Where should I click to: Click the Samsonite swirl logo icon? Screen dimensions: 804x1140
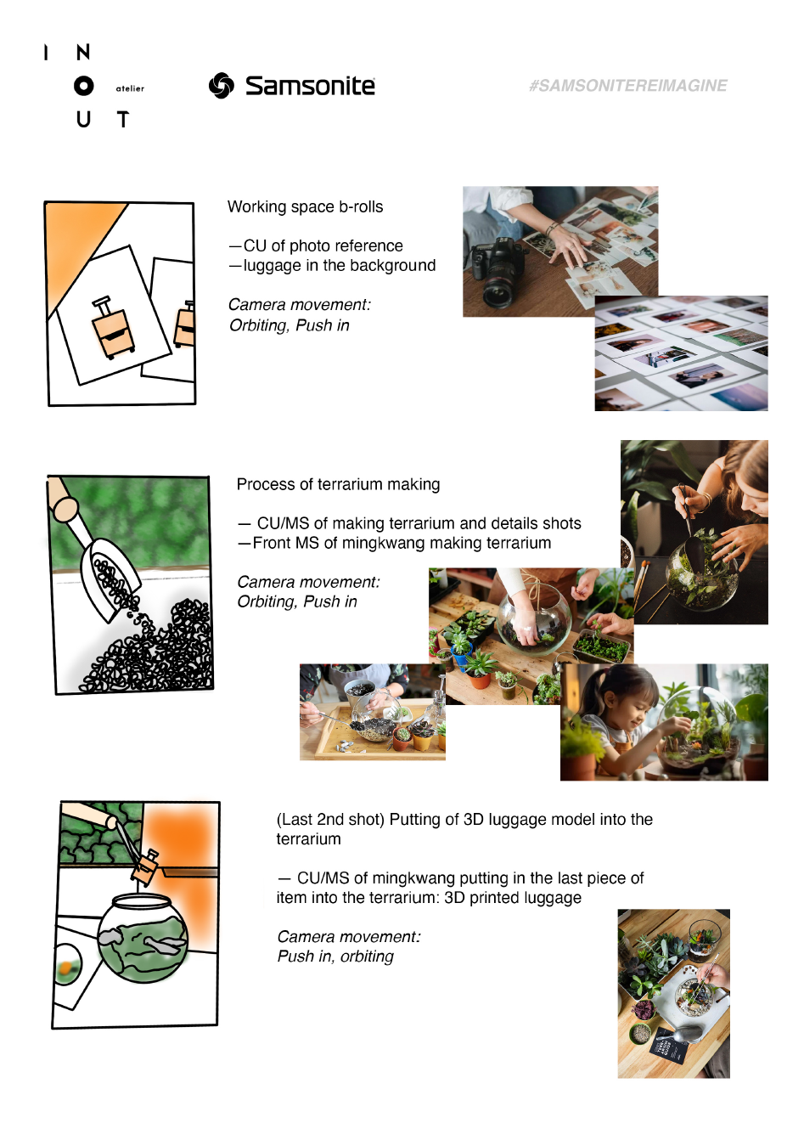222,85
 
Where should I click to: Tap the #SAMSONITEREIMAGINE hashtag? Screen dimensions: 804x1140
628,86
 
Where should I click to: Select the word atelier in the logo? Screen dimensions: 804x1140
130,88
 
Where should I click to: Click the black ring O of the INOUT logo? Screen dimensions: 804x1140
83,86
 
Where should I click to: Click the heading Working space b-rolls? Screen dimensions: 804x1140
305,206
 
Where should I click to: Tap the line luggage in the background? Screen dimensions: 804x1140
340,265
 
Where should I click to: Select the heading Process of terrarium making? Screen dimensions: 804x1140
338,484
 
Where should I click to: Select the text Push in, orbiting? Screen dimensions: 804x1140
335,957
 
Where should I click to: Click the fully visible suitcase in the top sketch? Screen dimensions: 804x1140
112,327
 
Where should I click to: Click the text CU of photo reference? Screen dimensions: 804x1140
323,245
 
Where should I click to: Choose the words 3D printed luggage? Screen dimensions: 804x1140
513,898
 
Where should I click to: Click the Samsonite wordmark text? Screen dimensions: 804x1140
310,86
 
